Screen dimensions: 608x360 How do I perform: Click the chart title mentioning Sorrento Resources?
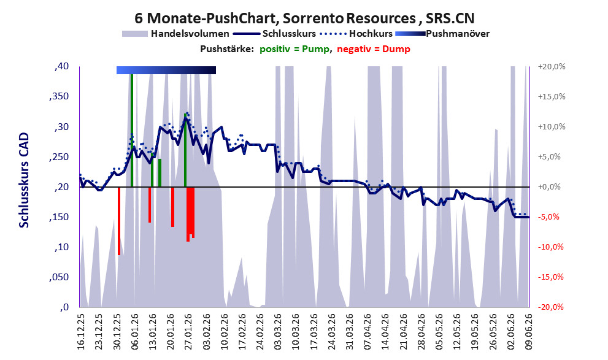(304, 18)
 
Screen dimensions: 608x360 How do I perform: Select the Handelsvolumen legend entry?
(175, 34)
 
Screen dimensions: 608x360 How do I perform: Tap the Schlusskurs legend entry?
(274, 34)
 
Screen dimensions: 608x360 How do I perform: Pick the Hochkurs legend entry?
(356, 34)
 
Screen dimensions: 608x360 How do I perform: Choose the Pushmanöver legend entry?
(442, 34)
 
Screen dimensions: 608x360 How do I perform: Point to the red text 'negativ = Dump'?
(374, 49)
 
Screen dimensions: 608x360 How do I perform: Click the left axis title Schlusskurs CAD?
(24, 180)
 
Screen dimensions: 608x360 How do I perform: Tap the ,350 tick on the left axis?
(59, 96)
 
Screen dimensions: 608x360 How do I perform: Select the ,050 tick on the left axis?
(59, 277)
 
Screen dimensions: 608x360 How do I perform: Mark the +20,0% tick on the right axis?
(552, 66)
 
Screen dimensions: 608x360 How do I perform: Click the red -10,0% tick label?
(550, 247)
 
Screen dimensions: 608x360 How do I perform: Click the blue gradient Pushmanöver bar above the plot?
(166, 70)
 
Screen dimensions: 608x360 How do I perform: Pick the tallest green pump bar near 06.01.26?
(132, 130)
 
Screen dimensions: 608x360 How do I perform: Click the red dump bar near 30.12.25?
(119, 221)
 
